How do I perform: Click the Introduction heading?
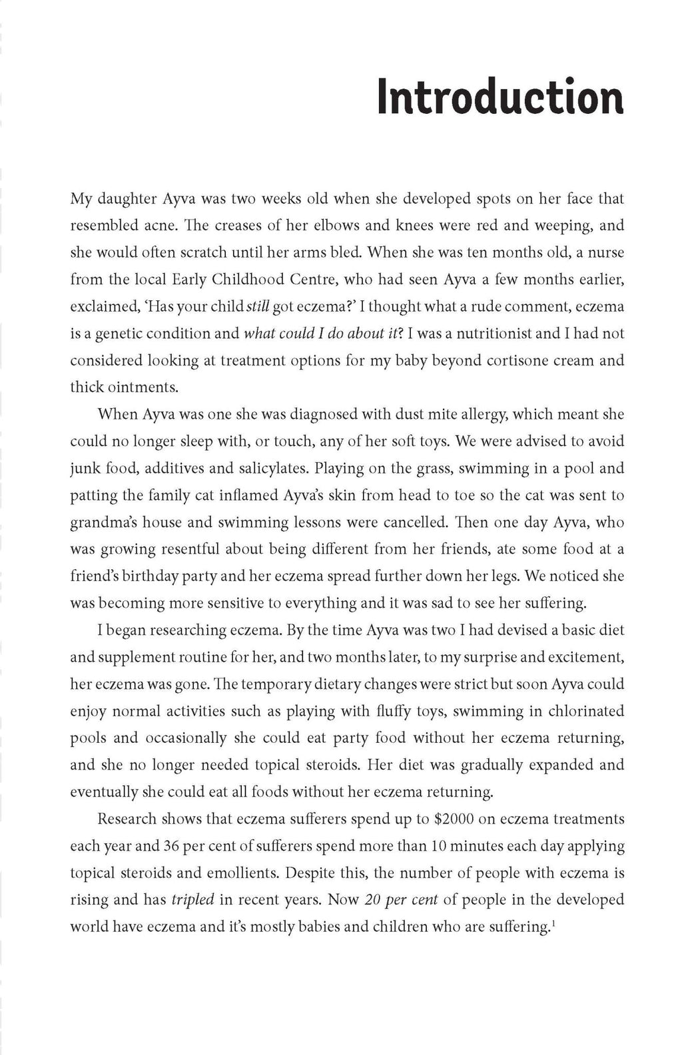point(500,97)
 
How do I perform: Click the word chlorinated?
point(586,711)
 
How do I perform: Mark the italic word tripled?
point(192,900)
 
